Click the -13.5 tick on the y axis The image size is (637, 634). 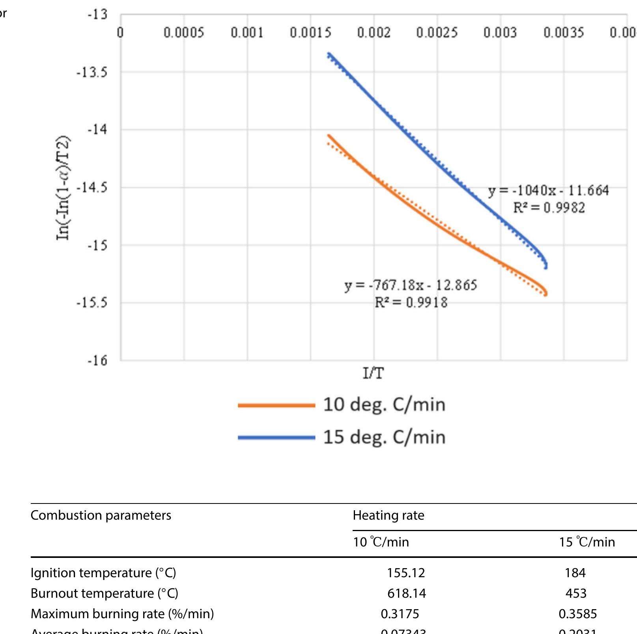pos(92,73)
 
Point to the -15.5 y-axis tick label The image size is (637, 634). pos(92,303)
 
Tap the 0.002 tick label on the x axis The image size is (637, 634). pos(374,32)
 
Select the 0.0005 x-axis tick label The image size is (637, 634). pos(184,32)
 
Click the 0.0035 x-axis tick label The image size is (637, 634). pos(564,32)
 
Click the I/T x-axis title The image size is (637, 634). pos(373,373)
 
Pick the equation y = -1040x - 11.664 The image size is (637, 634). pos(548,191)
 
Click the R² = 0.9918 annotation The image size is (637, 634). pos(411,302)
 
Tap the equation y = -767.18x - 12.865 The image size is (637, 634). pos(411,285)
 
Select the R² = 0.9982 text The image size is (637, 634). pos(549,208)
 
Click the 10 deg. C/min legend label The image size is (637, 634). pos(384,405)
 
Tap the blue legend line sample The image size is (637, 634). pos(276,437)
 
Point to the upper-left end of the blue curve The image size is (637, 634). pos(329,54)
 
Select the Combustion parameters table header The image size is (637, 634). pos(101,515)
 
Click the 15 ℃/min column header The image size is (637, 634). pos(587,542)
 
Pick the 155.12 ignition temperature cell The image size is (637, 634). pos(406,572)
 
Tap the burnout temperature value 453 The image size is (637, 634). pos(575,593)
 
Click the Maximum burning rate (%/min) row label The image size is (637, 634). pos(122,614)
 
